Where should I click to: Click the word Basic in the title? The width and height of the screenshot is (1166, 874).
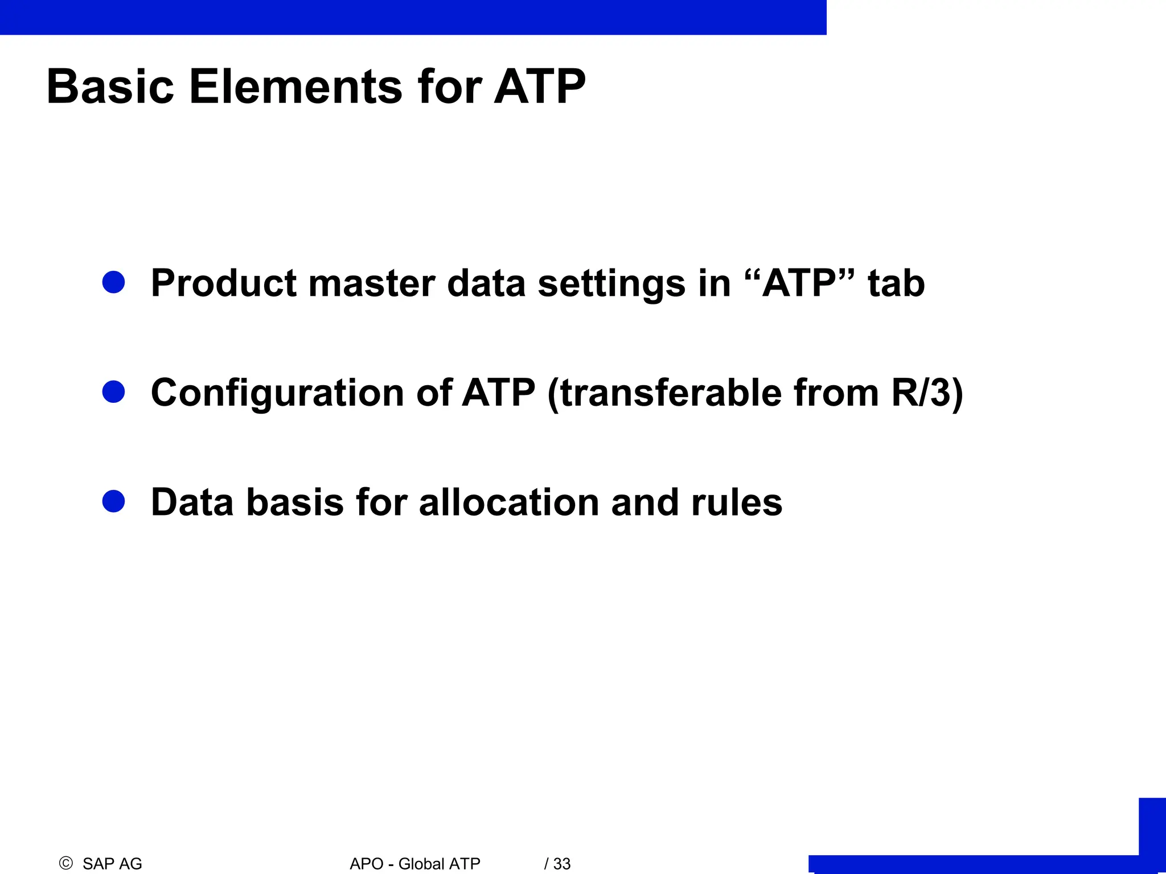click(x=110, y=86)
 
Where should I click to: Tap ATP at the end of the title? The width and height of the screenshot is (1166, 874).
click(x=539, y=86)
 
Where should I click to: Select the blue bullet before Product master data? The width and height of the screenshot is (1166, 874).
click(x=114, y=282)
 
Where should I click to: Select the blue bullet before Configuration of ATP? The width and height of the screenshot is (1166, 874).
click(x=114, y=391)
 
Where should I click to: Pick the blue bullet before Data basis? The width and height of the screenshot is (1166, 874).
click(x=114, y=501)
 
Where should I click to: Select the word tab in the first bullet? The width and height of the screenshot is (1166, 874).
click(x=896, y=283)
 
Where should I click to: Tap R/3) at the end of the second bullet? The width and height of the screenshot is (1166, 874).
click(x=927, y=393)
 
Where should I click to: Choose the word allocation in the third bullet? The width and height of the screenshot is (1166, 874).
click(x=509, y=502)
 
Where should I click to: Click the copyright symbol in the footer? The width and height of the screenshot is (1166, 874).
click(x=66, y=863)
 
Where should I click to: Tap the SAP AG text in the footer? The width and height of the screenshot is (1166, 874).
click(x=112, y=864)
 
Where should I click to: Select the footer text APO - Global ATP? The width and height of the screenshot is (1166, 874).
click(x=415, y=864)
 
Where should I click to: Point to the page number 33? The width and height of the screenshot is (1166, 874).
click(x=561, y=864)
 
